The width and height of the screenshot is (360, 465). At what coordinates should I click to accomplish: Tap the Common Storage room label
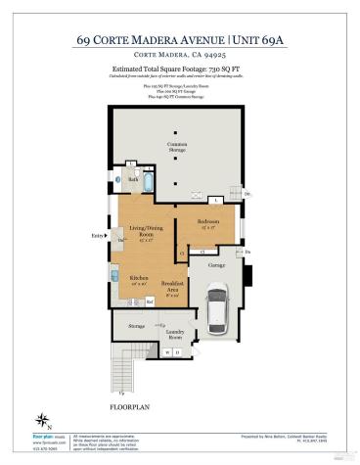coord(177,147)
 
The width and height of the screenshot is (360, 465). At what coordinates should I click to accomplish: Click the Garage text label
coord(217,264)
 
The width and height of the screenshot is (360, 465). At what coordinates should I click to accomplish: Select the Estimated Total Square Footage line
coord(179,70)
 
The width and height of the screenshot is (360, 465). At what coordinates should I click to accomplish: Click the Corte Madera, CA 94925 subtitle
coord(180,57)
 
